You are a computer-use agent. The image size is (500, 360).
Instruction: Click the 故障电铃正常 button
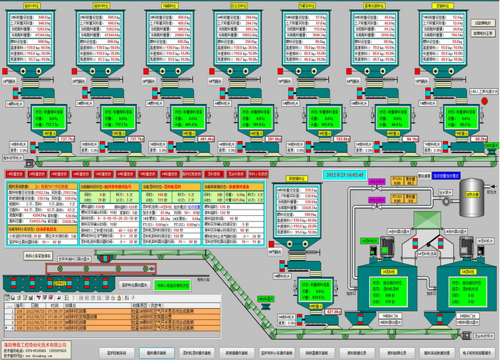(483, 32)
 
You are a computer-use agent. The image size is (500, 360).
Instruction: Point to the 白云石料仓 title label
(240, 4)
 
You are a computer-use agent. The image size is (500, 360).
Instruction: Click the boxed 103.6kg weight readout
(342, 139)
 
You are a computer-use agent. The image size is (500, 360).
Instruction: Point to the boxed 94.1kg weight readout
(412, 139)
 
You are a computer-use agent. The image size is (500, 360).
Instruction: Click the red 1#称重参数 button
(14, 173)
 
